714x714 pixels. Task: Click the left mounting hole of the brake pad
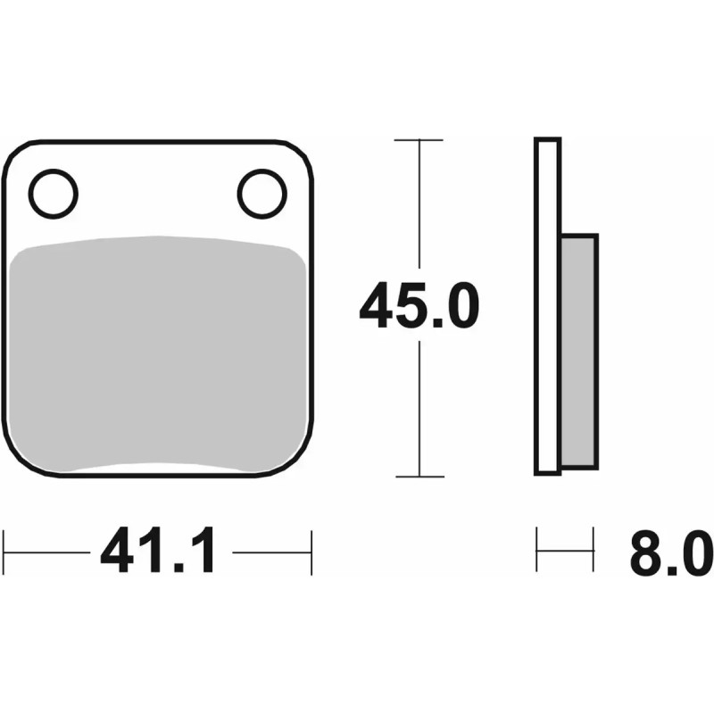coord(54,193)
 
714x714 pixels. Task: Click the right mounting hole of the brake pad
coord(262,193)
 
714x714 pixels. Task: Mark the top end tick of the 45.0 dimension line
coord(419,140)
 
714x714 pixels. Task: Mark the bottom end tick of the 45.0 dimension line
coord(419,477)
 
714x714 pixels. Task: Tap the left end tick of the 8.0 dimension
coord(536,551)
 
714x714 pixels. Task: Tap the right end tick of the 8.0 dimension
coord(593,551)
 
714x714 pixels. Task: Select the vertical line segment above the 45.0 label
coord(419,205)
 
